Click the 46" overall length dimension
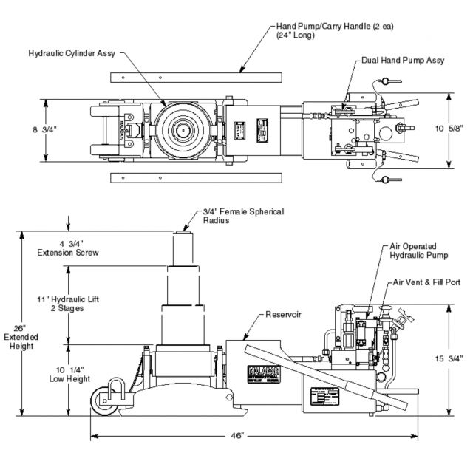pyautogui.click(x=236, y=436)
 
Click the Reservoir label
pyautogui.click(x=282, y=314)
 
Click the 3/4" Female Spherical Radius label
pyautogui.click(x=243, y=216)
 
